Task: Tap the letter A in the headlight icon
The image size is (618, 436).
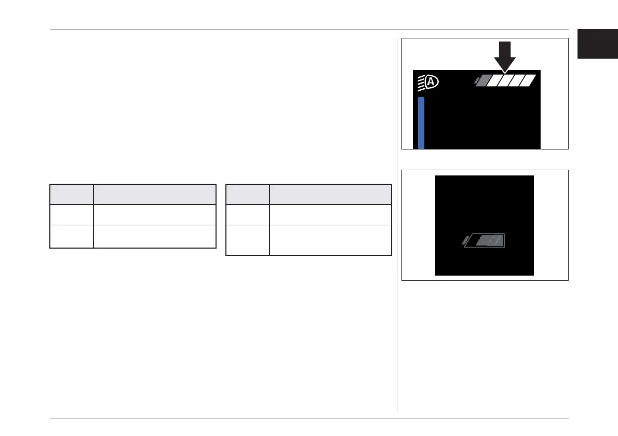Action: coord(432,81)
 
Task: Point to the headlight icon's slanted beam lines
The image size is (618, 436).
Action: coord(421,83)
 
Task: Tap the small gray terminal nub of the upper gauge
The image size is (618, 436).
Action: coord(476,80)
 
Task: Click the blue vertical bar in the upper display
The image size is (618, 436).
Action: coord(421,122)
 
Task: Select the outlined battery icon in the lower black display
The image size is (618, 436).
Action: coord(486,240)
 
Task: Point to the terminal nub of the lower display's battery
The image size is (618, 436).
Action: coord(465,240)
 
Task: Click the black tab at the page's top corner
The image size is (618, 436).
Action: coord(597,44)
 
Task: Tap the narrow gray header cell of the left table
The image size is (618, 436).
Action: coord(72,194)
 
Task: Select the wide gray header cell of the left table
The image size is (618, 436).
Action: coord(155,194)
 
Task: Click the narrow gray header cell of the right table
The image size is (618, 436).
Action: coord(248,194)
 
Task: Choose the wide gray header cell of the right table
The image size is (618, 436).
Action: coord(330,194)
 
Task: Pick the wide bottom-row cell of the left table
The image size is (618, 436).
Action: coord(155,236)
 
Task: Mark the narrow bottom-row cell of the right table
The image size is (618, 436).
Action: coord(248,240)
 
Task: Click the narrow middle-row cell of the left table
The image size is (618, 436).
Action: coord(72,214)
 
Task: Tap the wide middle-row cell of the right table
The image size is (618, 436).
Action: coord(330,214)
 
